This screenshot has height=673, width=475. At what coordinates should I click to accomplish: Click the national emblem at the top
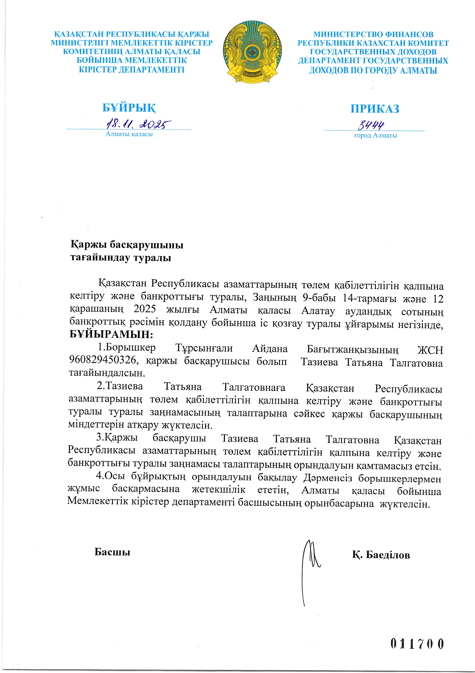(252, 52)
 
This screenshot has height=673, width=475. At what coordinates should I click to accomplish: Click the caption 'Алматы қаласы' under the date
(129, 134)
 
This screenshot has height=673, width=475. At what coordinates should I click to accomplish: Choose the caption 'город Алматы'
(375, 135)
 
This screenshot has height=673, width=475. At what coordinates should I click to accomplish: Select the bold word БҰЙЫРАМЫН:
(111, 334)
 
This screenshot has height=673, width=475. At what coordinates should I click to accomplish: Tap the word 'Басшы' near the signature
(112, 552)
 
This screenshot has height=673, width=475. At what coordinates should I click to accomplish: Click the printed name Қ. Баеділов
(381, 555)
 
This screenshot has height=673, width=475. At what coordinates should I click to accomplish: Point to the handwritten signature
(310, 566)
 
